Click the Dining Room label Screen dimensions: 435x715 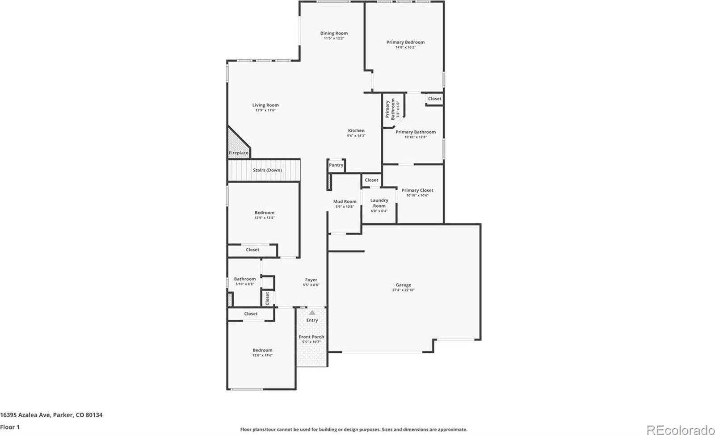coord(333,33)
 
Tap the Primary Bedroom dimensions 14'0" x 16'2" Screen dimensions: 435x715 coord(405,47)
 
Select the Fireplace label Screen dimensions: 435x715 coord(239,153)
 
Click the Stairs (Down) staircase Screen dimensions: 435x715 coord(264,170)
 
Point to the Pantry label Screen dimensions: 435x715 coord(336,165)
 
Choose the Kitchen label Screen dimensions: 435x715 coord(356,130)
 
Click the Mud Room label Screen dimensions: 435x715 coord(345,201)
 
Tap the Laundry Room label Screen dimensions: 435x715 coord(379,203)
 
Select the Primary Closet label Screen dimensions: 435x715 coord(417,190)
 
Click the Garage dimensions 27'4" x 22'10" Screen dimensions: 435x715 coord(403,290)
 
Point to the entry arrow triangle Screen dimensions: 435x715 coord(312,313)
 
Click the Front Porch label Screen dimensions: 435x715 coord(311,337)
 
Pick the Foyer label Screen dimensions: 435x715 coord(311,280)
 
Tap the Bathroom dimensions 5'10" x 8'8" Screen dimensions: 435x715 coord(245,284)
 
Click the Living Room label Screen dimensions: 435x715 coord(265,105)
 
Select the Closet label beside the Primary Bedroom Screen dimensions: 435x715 coord(434,99)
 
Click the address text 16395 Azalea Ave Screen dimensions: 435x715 coord(51,415)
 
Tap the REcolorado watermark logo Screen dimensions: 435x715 coord(680,429)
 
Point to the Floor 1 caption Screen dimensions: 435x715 coord(10,427)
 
